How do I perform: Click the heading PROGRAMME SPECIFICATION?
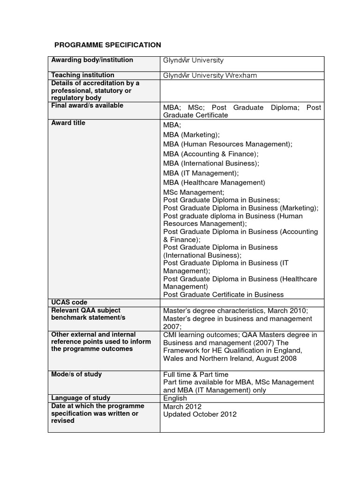click(x=107, y=45)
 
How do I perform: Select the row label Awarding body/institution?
click(x=92, y=60)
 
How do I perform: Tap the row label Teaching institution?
click(x=82, y=75)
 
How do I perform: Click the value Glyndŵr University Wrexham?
click(x=210, y=75)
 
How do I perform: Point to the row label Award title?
click(x=68, y=123)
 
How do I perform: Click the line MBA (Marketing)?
click(x=191, y=135)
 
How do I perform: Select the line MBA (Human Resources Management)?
click(x=227, y=144)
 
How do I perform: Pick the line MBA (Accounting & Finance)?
click(x=210, y=154)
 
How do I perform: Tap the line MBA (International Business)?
click(x=211, y=163)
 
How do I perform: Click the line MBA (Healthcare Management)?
click(x=214, y=182)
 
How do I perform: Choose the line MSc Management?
click(x=194, y=192)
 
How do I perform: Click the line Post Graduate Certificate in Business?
click(x=223, y=294)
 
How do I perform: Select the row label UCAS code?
click(x=69, y=302)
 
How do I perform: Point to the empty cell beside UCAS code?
click(x=242, y=303)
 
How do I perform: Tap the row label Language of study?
click(x=81, y=398)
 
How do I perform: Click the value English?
click(x=175, y=398)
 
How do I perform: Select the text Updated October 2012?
click(x=200, y=414)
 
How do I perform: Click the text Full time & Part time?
click(x=195, y=375)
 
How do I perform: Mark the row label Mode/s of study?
click(x=76, y=374)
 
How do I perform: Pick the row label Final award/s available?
click(x=87, y=105)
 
